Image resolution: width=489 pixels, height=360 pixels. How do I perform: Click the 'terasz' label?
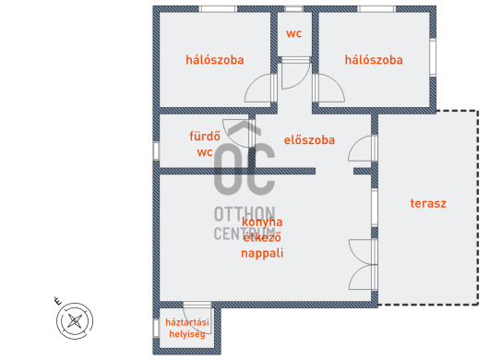click(428, 203)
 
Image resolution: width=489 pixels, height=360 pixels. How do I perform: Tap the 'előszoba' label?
click(309, 140)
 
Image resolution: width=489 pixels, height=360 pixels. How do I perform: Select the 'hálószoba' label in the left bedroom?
click(215, 60)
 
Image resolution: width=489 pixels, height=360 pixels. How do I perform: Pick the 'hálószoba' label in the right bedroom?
click(374, 60)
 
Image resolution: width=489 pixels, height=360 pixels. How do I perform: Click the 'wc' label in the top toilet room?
click(293, 33)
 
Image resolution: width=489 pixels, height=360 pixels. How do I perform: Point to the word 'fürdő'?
click(205, 136)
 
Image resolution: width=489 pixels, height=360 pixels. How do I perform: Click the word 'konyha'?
click(262, 222)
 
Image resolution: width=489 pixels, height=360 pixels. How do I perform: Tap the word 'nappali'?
click(262, 253)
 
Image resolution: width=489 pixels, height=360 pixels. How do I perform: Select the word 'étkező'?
click(262, 237)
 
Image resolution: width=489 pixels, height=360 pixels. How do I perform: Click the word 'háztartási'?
click(187, 322)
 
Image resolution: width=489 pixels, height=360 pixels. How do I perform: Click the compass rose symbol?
click(75, 320)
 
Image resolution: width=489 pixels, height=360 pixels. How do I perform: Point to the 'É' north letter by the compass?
click(58, 301)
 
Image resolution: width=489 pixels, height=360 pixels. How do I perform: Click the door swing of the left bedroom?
click(258, 89)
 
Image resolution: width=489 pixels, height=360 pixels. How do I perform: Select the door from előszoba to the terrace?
click(362, 149)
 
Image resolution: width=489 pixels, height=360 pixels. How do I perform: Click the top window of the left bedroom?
click(218, 8)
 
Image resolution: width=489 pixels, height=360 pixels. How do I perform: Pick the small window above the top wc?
click(293, 8)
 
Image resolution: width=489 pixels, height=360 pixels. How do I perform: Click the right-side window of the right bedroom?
click(433, 57)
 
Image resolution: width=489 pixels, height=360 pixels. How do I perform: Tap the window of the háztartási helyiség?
click(156, 329)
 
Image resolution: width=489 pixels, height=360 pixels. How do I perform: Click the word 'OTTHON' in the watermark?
click(244, 214)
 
